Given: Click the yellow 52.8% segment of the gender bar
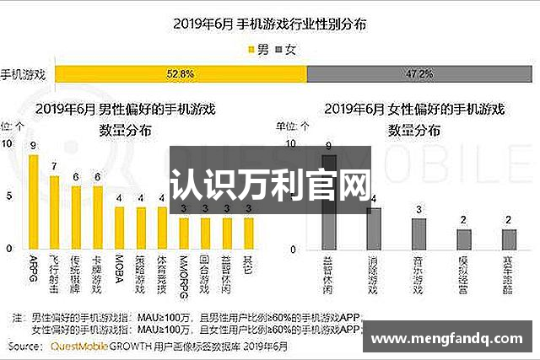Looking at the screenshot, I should [181, 74].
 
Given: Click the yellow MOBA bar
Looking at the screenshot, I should [119, 228].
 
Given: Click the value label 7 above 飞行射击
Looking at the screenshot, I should [54, 166].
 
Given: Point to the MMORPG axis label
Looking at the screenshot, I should [183, 274].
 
